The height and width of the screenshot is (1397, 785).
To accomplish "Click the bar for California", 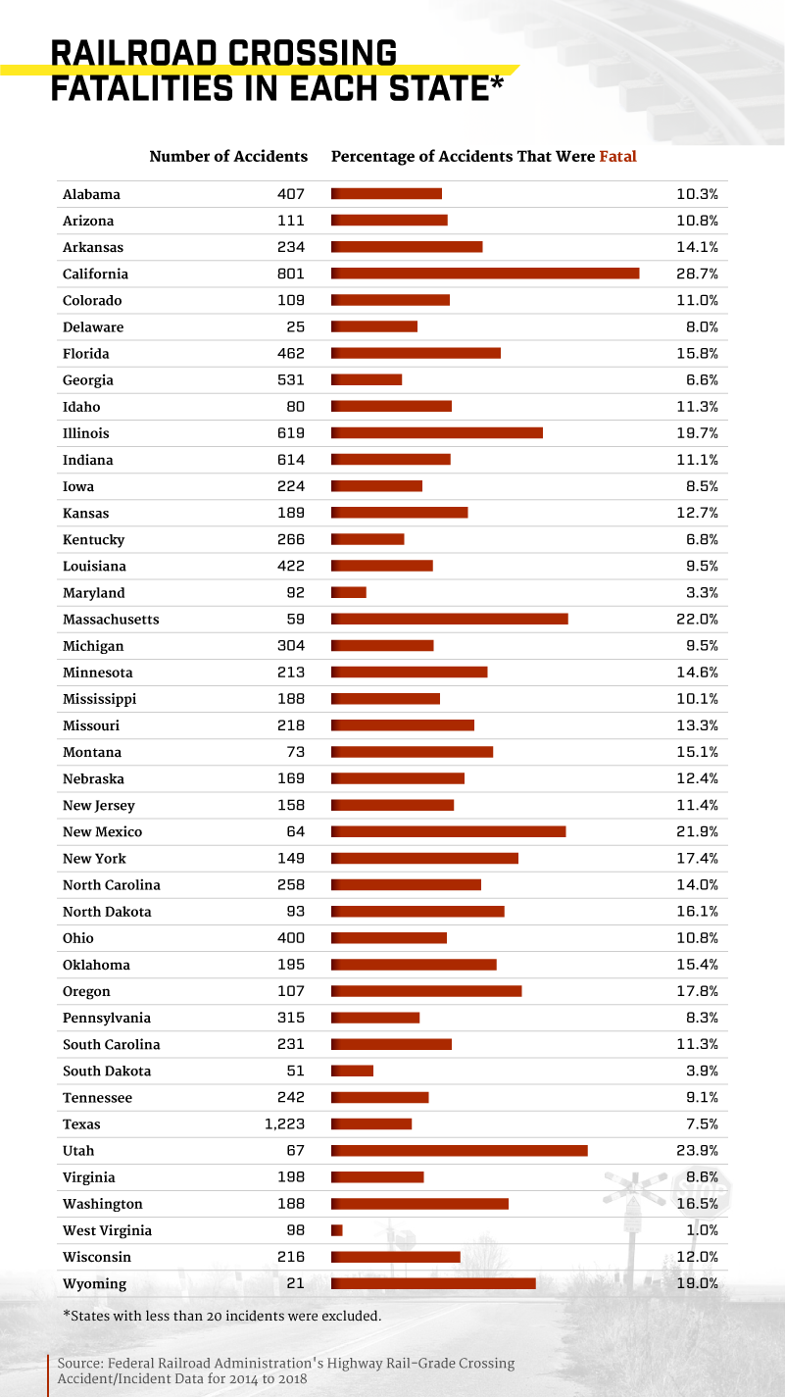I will [x=485, y=274].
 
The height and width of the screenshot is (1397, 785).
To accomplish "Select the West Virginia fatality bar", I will [x=337, y=1230].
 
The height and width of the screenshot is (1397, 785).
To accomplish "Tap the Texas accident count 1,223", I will [x=284, y=1124].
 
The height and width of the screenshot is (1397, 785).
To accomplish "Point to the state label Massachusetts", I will [x=111, y=620].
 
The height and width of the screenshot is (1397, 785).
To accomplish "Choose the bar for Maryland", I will [x=349, y=593].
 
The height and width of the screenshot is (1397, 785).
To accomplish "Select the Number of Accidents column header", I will [x=228, y=156].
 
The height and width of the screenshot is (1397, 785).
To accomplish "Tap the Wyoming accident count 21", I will [x=296, y=1283].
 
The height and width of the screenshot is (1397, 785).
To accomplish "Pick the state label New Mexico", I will [x=102, y=832].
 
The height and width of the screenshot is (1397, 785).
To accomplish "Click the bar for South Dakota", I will [x=353, y=1071].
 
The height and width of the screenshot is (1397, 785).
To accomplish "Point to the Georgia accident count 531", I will [x=290, y=380].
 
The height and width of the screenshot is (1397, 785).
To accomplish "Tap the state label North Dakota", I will [x=107, y=912].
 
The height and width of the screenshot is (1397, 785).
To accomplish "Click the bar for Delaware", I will [x=374, y=326].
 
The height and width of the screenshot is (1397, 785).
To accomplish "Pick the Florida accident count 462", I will [x=290, y=354].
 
